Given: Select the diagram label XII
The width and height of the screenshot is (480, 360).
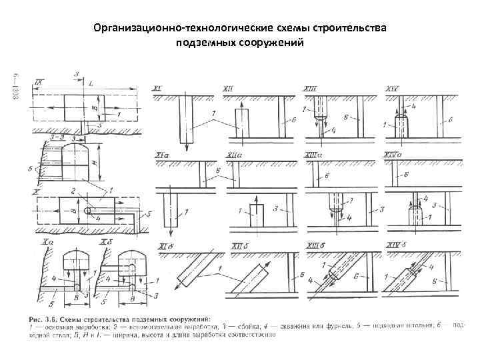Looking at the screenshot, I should click(x=228, y=89).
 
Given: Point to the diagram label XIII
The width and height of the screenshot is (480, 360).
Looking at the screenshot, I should click(x=311, y=89).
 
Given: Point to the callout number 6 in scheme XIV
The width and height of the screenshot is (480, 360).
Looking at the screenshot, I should click(x=451, y=120).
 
